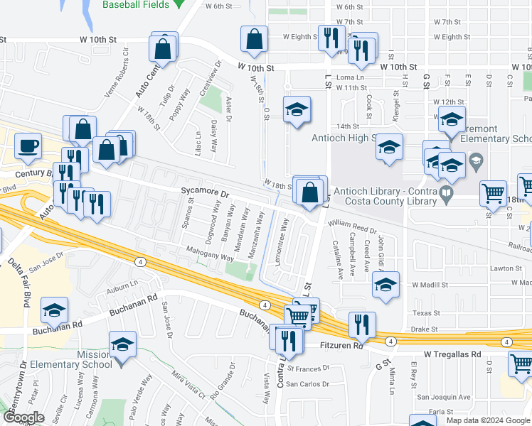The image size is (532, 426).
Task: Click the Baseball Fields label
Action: (137, 5)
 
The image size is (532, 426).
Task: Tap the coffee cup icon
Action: (28, 146)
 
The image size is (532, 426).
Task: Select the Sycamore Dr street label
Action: (205, 192)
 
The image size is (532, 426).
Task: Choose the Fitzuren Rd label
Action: (331, 346)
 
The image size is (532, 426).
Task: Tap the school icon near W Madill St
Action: (385, 285)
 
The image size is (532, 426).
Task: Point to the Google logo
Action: (24, 417)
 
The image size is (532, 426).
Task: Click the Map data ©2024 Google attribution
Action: (487, 420)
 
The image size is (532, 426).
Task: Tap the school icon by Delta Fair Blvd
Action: (53, 310)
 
